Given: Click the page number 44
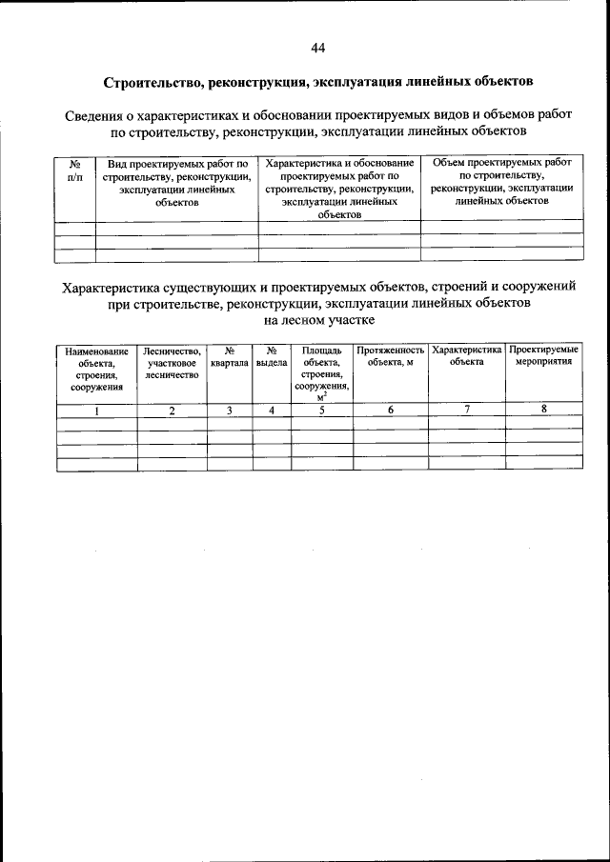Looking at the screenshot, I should tap(318, 48).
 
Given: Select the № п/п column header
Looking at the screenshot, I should tap(75, 170).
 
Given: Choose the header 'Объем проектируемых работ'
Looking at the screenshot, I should tap(501, 182).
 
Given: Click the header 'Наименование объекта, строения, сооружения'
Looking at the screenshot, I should tap(96, 369).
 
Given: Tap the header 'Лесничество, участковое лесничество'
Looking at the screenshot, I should tap(173, 363).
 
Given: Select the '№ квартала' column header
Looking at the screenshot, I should tap(230, 357).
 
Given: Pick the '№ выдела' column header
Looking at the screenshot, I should tap(272, 357).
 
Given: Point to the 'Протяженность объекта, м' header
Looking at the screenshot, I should tap(390, 357).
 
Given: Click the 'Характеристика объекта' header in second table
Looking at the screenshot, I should tap(466, 356).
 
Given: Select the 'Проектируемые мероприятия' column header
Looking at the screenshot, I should tap(543, 357).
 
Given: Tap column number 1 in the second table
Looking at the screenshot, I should tap(96, 411).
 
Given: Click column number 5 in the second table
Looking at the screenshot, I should tap(321, 411).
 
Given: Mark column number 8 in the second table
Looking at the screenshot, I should tap(543, 410).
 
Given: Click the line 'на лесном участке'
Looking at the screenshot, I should tap(318, 320).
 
